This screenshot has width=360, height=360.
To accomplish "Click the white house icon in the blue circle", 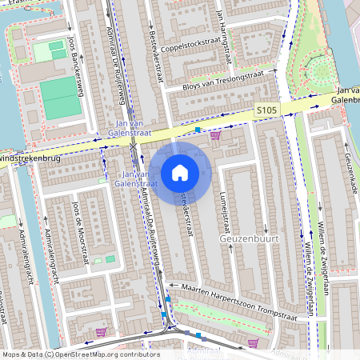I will [x=180, y=172].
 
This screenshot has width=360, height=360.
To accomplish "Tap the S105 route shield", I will [x=266, y=110].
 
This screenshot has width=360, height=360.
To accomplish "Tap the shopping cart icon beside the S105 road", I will [x=215, y=136].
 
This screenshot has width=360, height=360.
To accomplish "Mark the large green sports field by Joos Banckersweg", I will [x=61, y=98].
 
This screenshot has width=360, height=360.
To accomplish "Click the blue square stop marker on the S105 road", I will [x=197, y=128].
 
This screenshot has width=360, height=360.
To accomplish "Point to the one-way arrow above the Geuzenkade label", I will [x=346, y=145].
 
